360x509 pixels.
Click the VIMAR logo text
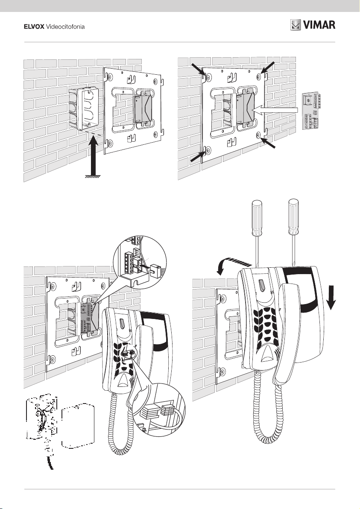[x=319, y=25]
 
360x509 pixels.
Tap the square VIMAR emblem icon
[x=296, y=25]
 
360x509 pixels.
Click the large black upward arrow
[x=94, y=155]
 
